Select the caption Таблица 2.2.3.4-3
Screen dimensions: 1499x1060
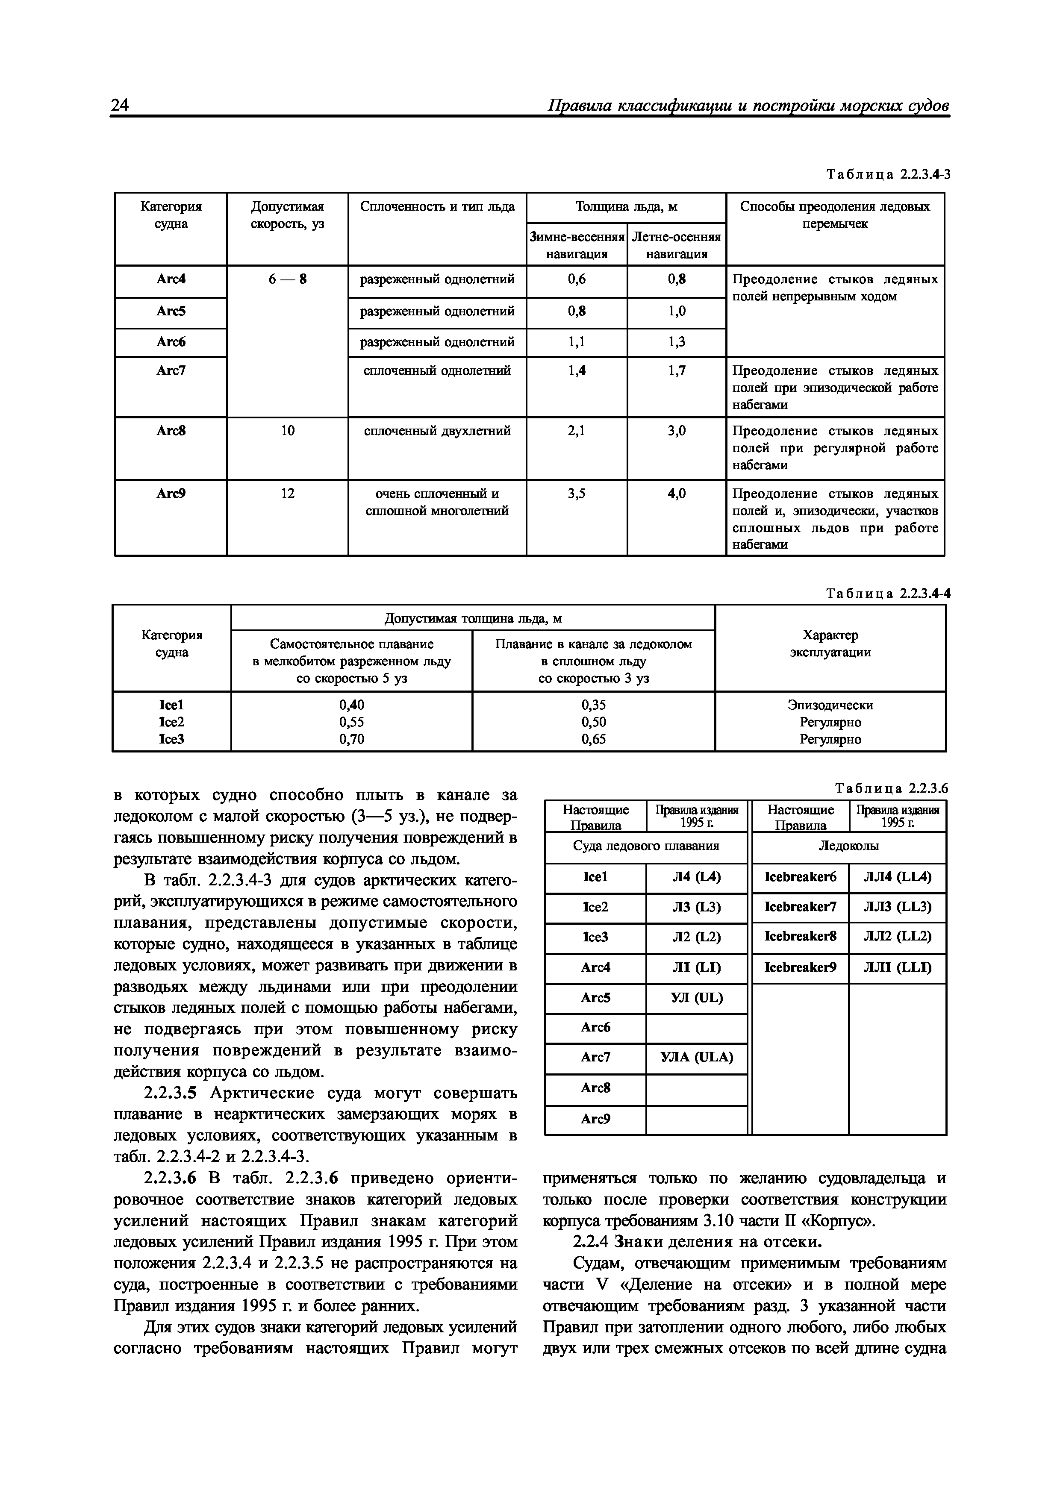pos(888,174)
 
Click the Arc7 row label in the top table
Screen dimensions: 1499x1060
pos(171,370)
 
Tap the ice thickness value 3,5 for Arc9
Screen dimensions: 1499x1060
pos(577,494)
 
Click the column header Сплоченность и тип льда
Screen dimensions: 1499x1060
pos(437,207)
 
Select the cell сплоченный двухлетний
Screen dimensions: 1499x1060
pos(437,431)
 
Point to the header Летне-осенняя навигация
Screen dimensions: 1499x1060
pos(677,245)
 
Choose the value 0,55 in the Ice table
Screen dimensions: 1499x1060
pos(351,722)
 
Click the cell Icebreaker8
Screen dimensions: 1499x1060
pos(800,936)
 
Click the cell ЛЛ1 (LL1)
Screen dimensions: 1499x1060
pos(898,967)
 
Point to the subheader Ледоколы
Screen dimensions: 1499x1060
pos(848,846)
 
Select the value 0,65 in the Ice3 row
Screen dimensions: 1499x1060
pos(593,739)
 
